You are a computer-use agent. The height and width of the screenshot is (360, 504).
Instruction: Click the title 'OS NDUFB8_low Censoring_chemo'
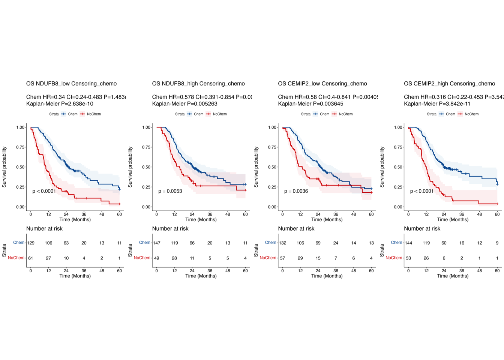(71, 84)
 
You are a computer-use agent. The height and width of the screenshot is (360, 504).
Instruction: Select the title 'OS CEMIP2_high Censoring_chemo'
(449, 84)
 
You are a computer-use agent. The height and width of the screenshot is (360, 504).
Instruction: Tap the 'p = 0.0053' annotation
(170, 191)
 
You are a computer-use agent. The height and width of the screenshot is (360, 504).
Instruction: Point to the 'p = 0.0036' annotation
(296, 191)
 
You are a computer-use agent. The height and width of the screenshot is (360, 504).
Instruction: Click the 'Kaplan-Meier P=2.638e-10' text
(60, 103)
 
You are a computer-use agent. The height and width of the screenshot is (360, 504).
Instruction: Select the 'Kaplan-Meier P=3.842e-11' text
(437, 103)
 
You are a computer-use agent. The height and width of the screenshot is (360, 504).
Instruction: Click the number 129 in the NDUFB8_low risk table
(31, 243)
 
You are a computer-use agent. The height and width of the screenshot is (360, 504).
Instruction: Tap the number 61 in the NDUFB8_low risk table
(31, 258)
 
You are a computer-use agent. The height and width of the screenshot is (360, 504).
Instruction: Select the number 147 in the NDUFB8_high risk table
(157, 243)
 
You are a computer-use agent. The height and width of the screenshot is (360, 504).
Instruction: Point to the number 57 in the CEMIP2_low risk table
(283, 258)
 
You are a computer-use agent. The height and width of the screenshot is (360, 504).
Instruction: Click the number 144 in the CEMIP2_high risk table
(408, 243)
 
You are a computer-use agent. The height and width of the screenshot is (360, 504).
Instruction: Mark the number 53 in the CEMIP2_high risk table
(408, 258)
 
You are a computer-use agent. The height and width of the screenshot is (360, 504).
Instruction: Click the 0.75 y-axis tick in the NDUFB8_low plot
(20, 147)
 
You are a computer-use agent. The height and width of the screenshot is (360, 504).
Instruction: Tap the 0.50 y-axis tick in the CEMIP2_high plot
(398, 167)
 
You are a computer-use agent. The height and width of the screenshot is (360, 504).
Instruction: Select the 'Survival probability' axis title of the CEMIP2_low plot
(256, 167)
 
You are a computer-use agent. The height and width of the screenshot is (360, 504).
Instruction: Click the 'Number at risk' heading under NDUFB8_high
(170, 229)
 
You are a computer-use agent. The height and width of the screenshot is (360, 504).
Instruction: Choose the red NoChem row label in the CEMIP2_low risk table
(268, 258)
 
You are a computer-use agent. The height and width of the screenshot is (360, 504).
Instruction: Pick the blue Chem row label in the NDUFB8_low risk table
(19, 243)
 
